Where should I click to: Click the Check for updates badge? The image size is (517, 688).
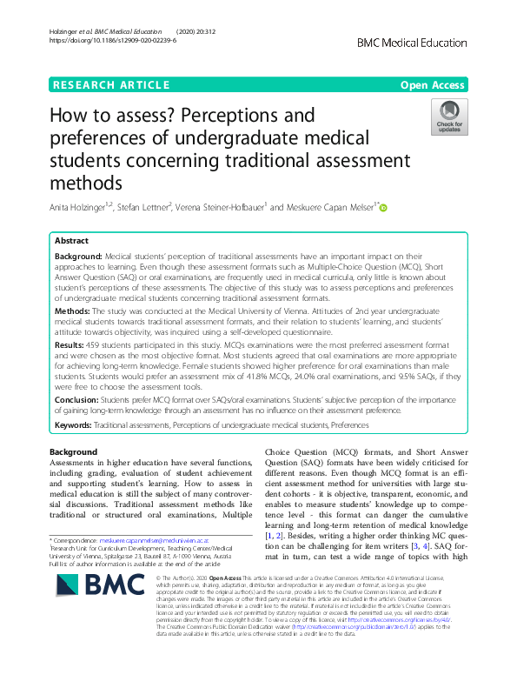pyautogui.click(x=450, y=117)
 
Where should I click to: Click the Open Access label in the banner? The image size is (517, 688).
pyautogui.click(x=432, y=84)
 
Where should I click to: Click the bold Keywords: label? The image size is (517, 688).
pyautogui.click(x=75, y=424)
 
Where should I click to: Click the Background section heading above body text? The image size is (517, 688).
pyautogui.click(x=73, y=452)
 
